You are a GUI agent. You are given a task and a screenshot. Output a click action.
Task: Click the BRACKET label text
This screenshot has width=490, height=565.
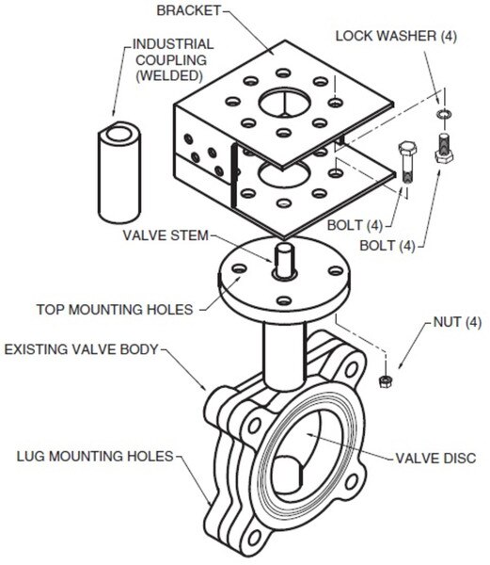[188, 10]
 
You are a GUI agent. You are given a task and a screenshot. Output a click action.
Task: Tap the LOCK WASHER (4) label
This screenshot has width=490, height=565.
[396, 36]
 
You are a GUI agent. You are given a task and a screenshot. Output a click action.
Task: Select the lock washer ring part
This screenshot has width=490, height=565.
[444, 114]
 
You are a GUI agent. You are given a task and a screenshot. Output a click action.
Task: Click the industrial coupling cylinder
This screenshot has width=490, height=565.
[119, 172]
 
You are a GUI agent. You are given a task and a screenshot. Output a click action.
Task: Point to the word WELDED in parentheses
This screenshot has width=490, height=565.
[169, 75]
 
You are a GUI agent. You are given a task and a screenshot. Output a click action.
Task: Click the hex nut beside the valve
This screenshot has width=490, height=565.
[386, 381]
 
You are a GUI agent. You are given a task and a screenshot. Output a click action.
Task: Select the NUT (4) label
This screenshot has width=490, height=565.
[457, 322]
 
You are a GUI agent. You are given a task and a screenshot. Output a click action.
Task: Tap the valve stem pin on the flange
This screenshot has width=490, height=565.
[285, 260]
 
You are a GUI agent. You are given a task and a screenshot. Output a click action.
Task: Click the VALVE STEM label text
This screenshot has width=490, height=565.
[166, 235]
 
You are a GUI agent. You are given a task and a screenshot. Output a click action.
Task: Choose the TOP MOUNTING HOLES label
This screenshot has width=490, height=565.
[115, 310]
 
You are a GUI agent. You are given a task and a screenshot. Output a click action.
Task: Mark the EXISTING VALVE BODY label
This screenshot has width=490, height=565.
[81, 349]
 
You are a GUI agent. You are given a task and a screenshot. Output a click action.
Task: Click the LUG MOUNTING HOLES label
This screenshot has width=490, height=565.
[95, 456]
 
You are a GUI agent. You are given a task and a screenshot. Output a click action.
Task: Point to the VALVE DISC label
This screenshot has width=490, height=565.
[435, 459]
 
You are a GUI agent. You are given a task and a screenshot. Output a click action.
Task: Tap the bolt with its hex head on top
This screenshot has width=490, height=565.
[407, 162]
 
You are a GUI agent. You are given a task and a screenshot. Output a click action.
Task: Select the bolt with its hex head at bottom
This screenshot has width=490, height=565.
[444, 148]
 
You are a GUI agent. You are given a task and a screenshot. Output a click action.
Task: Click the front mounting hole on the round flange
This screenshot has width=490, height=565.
[284, 300]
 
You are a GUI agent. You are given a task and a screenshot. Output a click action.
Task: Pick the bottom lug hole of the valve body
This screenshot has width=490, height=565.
[254, 538]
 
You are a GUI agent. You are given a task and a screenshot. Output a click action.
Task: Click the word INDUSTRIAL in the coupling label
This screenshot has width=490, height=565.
[173, 44]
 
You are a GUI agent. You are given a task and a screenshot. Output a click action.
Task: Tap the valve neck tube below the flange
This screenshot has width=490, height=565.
[285, 355]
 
